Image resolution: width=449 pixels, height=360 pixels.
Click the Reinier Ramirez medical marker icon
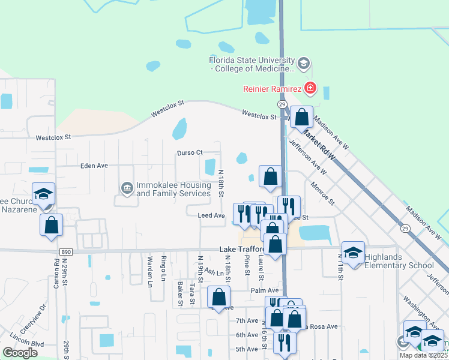tap(310, 89)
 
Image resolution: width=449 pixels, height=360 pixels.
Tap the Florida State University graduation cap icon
tap(304, 62)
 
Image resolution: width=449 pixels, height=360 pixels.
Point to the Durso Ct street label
tap(190, 153)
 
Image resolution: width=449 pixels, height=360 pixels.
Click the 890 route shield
tap(66, 252)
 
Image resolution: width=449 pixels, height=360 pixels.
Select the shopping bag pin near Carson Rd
tap(52, 226)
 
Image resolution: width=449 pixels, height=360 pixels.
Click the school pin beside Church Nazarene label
tap(43, 194)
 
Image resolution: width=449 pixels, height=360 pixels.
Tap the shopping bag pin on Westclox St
tap(302, 116)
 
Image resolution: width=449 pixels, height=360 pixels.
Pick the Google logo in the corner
tap(20, 353)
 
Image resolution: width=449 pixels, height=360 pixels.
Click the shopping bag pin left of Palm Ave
tap(219, 297)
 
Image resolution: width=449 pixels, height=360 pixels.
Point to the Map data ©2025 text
tap(424, 355)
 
